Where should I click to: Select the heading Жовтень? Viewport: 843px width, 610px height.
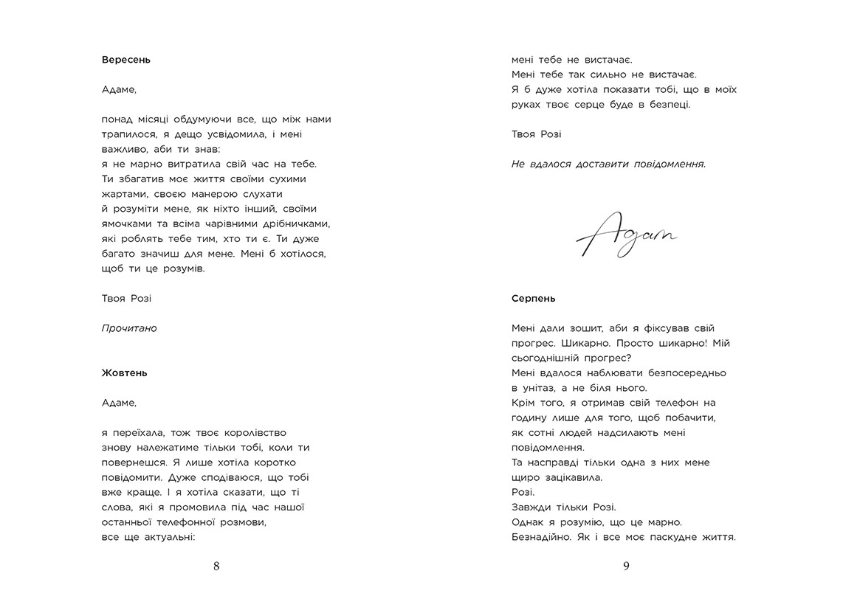[124, 373]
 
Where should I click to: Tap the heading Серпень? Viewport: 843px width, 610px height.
[533, 299]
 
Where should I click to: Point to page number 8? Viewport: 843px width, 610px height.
[216, 566]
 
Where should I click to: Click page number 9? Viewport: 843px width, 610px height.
[625, 566]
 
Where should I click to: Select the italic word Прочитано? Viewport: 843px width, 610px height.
[129, 328]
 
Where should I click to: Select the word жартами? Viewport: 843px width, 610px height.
[124, 194]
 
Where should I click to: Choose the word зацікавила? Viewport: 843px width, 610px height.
[572, 477]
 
